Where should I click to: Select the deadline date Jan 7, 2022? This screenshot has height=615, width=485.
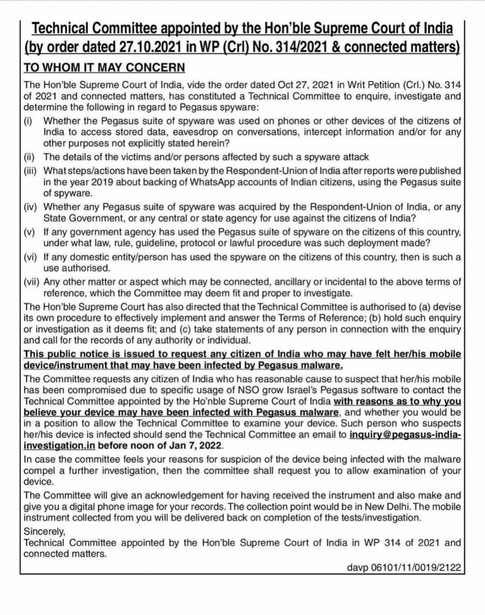pos(187,446)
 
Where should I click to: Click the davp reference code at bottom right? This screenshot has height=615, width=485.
pos(403,567)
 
